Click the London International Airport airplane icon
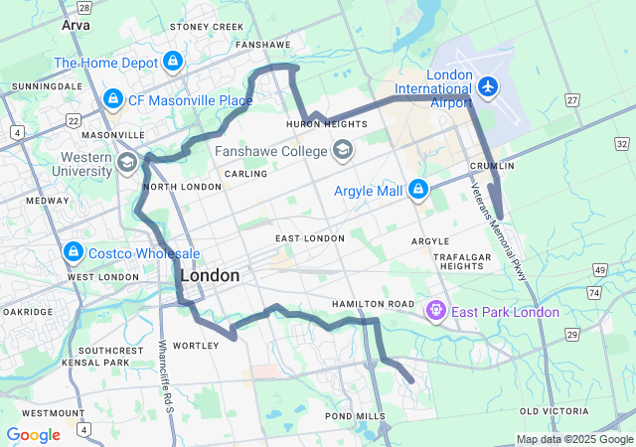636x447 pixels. pos(487,87)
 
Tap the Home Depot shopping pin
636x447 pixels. pos(173,62)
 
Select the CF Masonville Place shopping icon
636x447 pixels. pos(112,99)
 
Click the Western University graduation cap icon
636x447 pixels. pos(127,162)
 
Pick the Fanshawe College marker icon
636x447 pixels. pos(343,151)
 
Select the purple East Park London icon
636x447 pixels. pos(435,312)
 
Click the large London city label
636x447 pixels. pos(210,275)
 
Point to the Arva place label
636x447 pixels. pos(75,24)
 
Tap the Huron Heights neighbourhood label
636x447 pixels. pos(327,124)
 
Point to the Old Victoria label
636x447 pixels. pos(556,411)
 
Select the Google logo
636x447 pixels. pos(33,435)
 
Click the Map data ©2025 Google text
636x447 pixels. pos(573,440)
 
